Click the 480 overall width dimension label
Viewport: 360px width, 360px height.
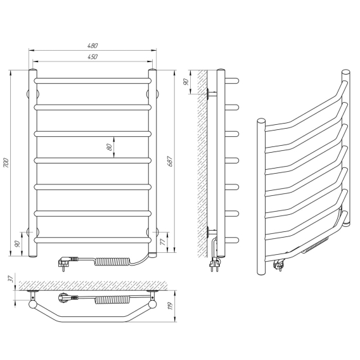(x=93, y=46)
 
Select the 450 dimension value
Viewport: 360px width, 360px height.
(x=93, y=56)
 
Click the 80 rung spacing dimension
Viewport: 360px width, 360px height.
(x=110, y=147)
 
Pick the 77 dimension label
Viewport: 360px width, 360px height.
(x=163, y=241)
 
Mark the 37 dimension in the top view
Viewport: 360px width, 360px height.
(x=10, y=279)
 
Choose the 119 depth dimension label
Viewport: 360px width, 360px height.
(x=170, y=305)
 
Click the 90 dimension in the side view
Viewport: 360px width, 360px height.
(x=186, y=82)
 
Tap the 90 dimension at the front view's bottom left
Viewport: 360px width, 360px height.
(x=17, y=244)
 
